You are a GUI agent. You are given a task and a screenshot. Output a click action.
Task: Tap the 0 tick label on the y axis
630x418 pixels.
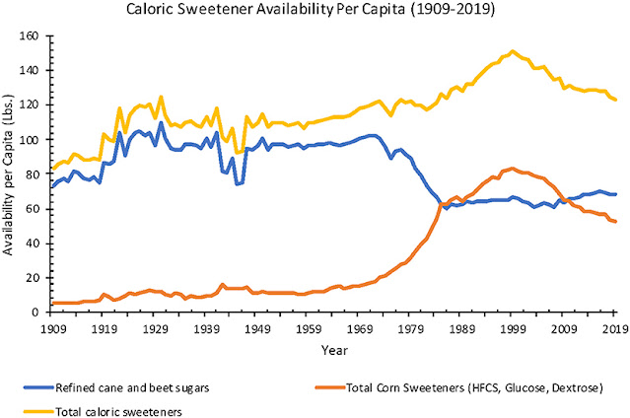tap(36, 313)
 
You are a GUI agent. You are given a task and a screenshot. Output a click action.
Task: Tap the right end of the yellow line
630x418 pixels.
tap(616, 100)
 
